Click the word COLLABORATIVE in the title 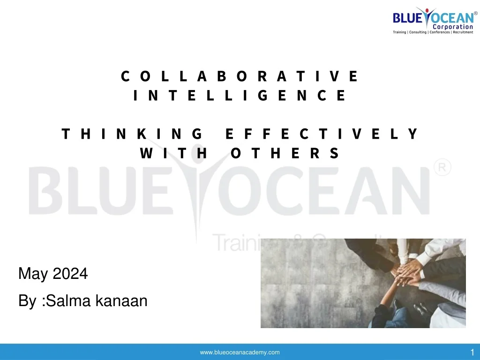coord(240,76)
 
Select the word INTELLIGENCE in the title coord(240,96)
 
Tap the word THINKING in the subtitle coord(132,135)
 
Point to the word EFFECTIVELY coord(322,135)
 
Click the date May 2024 coord(53,273)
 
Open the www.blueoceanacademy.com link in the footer coord(240,352)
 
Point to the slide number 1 coord(472,352)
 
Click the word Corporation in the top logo coord(452,27)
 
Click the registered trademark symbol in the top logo coord(475,13)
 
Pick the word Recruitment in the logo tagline coord(463,32)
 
